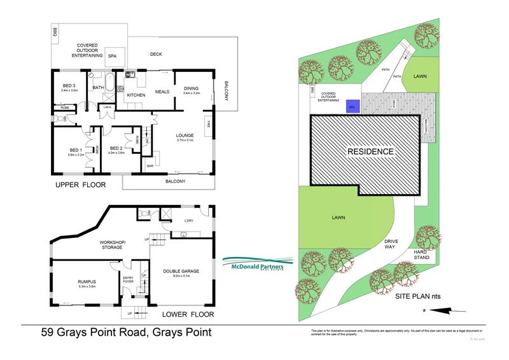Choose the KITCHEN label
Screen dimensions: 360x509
(136, 95)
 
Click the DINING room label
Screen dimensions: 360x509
(192, 90)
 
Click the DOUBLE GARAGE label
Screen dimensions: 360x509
(181, 272)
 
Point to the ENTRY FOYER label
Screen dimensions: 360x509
(128, 279)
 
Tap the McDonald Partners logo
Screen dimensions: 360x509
(258, 263)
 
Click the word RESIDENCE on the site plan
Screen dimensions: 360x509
(370, 152)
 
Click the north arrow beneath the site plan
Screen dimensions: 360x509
(439, 310)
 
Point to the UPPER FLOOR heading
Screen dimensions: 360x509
(80, 185)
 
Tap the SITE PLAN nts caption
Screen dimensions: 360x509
(418, 297)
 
